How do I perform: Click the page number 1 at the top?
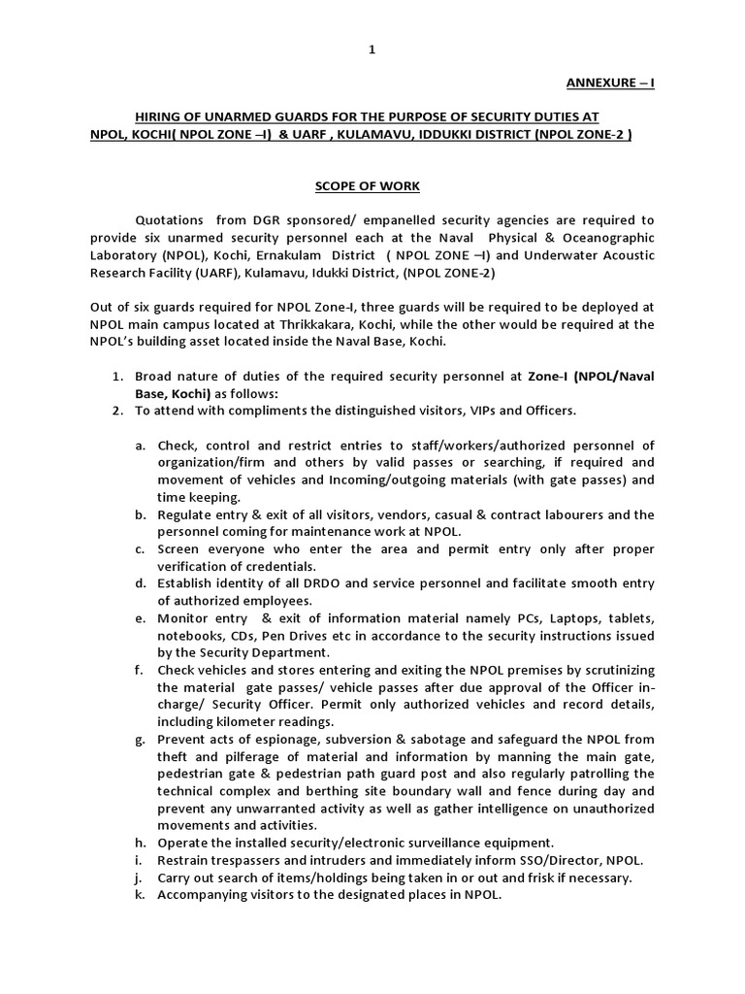click(372, 50)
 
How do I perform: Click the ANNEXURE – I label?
click(610, 83)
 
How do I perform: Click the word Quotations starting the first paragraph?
click(173, 220)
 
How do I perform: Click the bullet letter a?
click(141, 446)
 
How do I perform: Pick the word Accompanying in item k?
click(202, 895)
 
